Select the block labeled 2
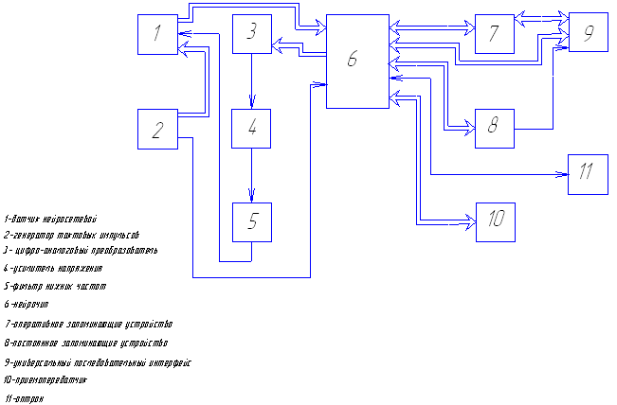tap(156, 129)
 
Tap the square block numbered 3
tap(251, 34)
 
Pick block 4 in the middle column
tap(251, 129)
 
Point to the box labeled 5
tap(251, 222)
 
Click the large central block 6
tap(356, 62)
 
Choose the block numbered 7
tap(494, 34)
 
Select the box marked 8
tap(494, 128)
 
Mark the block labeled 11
tap(588, 173)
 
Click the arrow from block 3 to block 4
tap(251, 81)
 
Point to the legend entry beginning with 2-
tap(71, 234)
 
